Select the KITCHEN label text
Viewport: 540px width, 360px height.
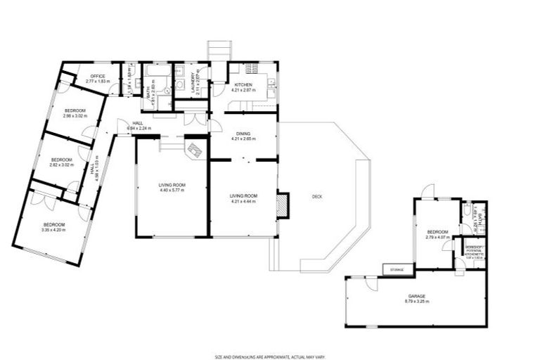click(243, 85)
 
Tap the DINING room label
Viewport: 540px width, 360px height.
click(243, 134)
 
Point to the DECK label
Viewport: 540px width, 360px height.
click(316, 196)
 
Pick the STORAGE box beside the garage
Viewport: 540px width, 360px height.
click(393, 269)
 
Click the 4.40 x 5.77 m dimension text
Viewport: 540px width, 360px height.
click(172, 191)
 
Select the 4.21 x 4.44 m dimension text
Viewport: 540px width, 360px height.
click(243, 201)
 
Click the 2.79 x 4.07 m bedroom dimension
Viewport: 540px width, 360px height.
click(437, 238)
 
